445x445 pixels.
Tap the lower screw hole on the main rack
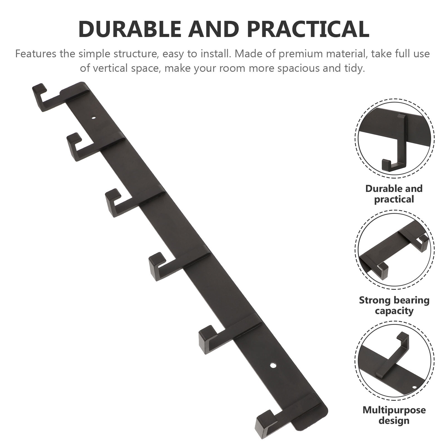(x=273, y=365)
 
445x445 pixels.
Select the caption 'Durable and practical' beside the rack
(x=394, y=194)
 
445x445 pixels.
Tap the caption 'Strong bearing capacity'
(x=394, y=305)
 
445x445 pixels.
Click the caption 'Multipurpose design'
(x=394, y=415)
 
